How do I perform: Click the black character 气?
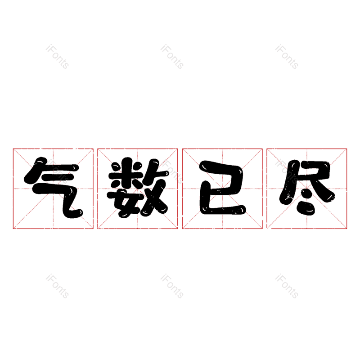click(x=54, y=188)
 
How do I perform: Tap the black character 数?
click(x=138, y=188)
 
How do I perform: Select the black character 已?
click(x=222, y=188)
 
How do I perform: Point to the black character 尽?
click(x=307, y=188)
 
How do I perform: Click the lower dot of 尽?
click(x=306, y=208)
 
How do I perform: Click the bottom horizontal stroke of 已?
click(x=224, y=210)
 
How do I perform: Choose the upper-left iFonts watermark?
click(x=57, y=57)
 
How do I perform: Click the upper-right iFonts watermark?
click(x=287, y=57)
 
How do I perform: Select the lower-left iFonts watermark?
click(x=57, y=286)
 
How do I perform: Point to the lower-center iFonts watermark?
click(x=172, y=286)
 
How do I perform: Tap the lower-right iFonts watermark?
click(x=287, y=286)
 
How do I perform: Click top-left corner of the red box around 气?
click(x=13, y=149)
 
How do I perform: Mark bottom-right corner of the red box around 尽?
click(x=346, y=229)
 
